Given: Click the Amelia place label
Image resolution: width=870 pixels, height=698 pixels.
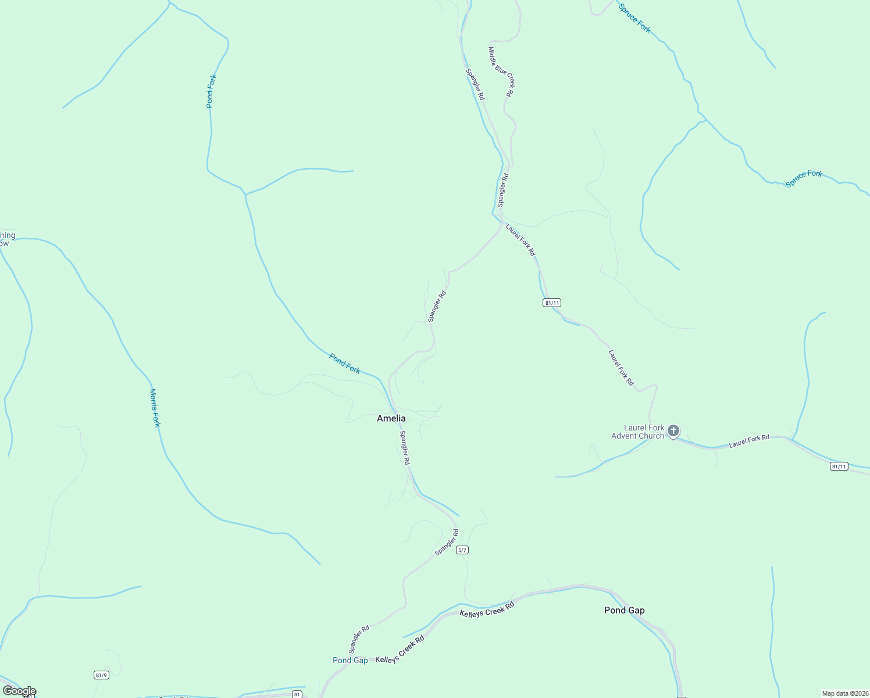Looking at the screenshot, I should [x=391, y=418].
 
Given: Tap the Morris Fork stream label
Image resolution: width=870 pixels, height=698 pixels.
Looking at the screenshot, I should [x=155, y=408].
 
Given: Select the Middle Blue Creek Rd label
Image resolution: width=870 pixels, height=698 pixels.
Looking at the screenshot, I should [x=501, y=72].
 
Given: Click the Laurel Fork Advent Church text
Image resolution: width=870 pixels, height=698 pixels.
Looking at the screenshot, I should [x=637, y=432].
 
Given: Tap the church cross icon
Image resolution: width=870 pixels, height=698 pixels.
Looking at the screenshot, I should [x=673, y=431].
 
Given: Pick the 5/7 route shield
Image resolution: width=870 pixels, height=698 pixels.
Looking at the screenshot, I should [x=462, y=550].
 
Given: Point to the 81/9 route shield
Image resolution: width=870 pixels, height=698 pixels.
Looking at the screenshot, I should [x=101, y=675].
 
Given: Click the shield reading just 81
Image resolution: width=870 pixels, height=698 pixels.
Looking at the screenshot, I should [x=297, y=694].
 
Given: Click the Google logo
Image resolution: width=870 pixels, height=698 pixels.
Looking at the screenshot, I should [x=19, y=691].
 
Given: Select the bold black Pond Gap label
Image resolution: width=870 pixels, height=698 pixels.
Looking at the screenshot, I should [x=624, y=610].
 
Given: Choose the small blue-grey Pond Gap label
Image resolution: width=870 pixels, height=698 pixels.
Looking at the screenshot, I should [x=350, y=660].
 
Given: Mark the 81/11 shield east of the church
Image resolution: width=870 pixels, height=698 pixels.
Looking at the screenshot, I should [x=839, y=466].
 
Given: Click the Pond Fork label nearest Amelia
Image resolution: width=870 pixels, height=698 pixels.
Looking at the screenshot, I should [x=344, y=364].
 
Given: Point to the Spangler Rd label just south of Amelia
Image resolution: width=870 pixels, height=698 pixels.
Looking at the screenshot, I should [x=405, y=447].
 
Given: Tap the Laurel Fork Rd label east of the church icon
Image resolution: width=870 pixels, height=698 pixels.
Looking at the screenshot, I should [x=749, y=441].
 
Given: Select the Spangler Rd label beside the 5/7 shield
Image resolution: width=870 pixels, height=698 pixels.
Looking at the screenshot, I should [x=447, y=542].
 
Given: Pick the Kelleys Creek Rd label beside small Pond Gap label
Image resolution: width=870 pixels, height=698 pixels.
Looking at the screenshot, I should [x=400, y=650].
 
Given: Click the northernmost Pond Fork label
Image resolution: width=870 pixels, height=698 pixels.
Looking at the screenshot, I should [x=211, y=91].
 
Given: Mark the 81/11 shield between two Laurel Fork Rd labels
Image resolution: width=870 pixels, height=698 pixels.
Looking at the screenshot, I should [x=552, y=302].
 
